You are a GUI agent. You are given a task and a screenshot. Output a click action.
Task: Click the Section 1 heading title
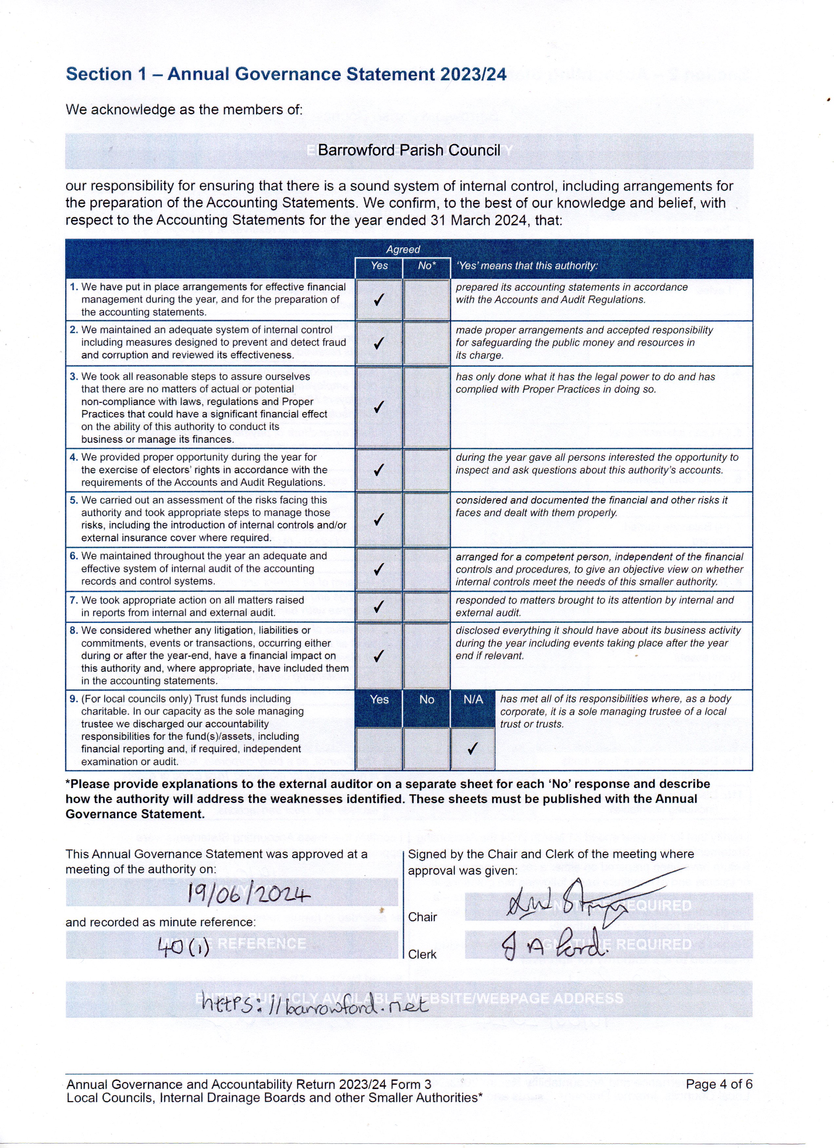coord(286,74)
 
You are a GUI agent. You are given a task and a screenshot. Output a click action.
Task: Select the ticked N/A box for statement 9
coord(473,748)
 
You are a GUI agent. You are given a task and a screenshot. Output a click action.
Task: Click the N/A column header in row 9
coord(473,700)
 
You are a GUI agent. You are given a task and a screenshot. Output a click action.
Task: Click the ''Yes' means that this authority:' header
coord(527,266)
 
